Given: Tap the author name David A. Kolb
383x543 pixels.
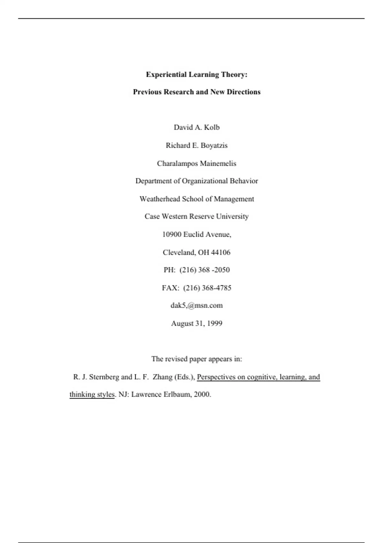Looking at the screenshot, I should [x=197, y=127].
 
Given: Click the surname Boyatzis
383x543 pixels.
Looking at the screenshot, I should [x=214, y=146].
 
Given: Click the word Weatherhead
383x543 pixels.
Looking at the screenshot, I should [x=160, y=199].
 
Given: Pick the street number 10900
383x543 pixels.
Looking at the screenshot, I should [x=172, y=234].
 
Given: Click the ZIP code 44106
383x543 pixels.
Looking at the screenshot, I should [x=221, y=252].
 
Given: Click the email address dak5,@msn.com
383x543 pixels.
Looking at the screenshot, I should [x=197, y=305].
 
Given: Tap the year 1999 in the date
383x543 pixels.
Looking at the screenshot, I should [x=214, y=323].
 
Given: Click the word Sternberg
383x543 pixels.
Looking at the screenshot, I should [x=104, y=377].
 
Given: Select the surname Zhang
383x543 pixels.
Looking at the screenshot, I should [x=162, y=377].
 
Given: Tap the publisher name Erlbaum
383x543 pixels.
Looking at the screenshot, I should [x=177, y=394].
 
